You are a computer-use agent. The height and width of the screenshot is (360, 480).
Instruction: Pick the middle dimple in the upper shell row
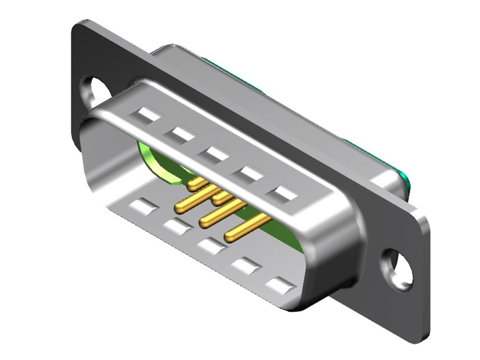point(213,153)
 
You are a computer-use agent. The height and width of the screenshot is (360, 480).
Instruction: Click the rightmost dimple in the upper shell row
point(285,193)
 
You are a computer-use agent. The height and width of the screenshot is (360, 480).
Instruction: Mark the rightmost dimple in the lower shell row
point(280,285)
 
